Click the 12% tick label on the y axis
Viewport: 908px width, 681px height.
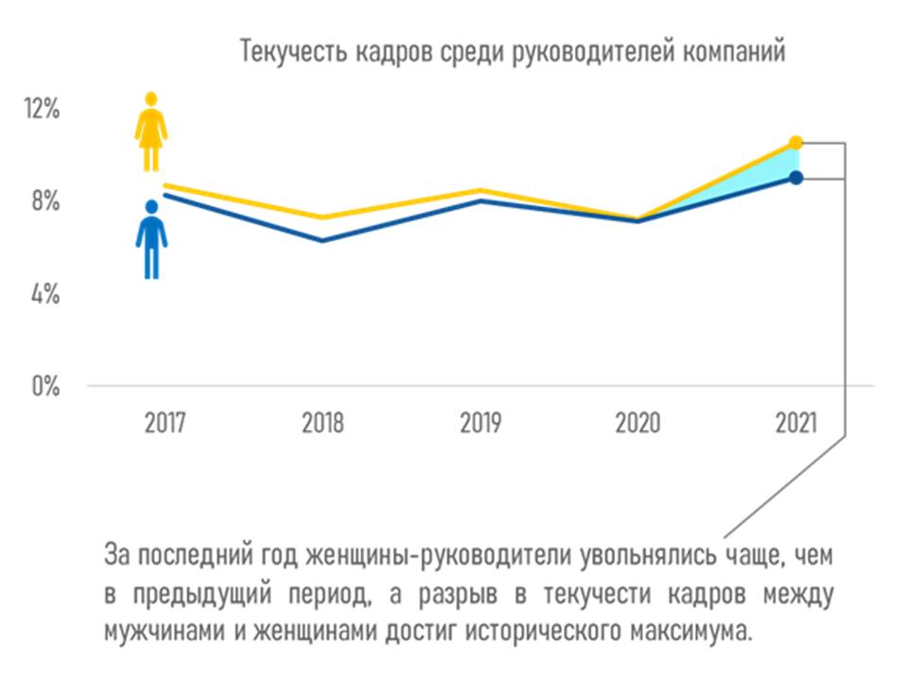click(x=44, y=109)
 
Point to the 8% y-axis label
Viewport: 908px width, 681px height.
click(x=44, y=201)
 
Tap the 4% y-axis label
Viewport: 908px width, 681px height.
click(x=44, y=294)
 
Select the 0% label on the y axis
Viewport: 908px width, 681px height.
click(x=44, y=387)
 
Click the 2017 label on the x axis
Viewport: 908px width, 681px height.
click(x=166, y=423)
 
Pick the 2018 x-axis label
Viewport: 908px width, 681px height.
click(x=323, y=423)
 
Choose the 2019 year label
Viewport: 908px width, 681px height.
click(x=480, y=423)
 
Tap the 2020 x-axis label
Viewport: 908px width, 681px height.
click(x=637, y=423)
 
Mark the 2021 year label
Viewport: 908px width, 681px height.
click(x=795, y=423)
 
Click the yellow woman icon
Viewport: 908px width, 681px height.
click(x=150, y=131)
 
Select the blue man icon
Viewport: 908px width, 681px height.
click(x=150, y=238)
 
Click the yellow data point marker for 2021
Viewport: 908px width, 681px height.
click(x=795, y=143)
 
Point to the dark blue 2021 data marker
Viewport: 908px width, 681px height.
click(x=795, y=178)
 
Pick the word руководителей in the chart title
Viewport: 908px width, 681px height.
click(x=571, y=51)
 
